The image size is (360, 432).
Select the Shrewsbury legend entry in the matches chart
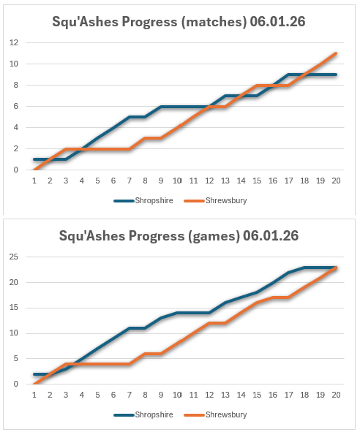(225, 200)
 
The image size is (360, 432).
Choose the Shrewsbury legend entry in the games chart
(225, 414)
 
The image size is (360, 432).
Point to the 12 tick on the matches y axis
(13, 42)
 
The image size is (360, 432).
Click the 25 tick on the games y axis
(13, 257)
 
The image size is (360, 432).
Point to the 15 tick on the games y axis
(13, 308)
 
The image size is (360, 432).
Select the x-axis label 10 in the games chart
(176, 395)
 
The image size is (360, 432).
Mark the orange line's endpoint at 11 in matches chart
(335, 53)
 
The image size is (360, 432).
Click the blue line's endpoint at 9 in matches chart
(335, 75)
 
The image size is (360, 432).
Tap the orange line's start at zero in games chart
(34, 384)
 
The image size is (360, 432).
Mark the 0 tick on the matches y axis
(15, 170)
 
